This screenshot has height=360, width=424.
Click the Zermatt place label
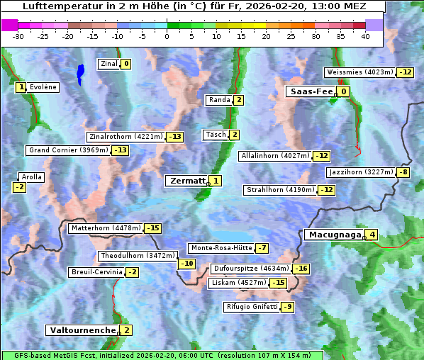point(186,181)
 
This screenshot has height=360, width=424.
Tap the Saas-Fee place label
point(309,91)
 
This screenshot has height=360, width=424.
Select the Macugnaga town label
point(334,235)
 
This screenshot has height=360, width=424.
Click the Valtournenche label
point(82,330)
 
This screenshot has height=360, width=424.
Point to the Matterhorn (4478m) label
point(106,228)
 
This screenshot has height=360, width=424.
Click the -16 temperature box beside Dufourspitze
point(301,269)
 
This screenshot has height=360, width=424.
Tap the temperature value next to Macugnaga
point(372,235)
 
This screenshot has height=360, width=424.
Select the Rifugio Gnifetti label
point(252,307)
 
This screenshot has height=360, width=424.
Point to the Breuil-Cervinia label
point(96,272)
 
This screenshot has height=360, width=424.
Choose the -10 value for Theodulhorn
point(186,264)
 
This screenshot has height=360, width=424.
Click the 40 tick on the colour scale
point(365,35)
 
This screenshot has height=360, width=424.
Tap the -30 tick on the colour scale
point(18,35)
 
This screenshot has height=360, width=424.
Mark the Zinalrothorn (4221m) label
point(125,137)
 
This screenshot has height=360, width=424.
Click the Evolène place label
point(43,87)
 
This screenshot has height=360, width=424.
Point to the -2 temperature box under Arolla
point(19,187)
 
